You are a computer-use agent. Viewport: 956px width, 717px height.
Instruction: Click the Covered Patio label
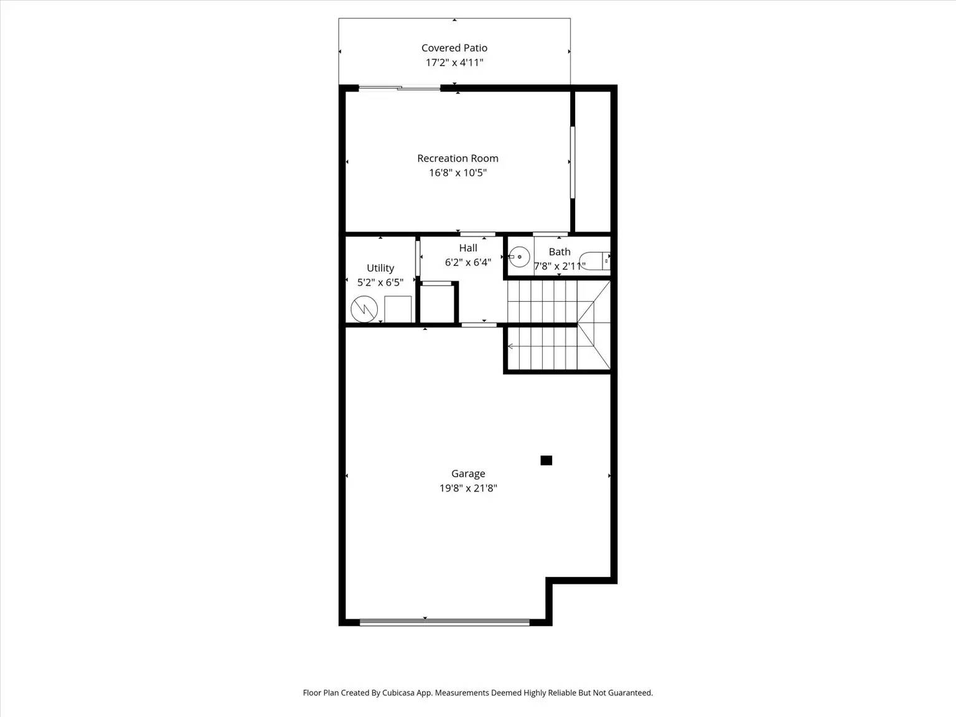tap(454, 48)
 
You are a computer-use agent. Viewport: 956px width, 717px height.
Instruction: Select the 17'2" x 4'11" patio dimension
tap(454, 63)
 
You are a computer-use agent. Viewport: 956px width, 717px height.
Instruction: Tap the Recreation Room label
tap(457, 159)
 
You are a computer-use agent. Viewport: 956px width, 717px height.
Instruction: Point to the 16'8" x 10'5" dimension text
tap(457, 173)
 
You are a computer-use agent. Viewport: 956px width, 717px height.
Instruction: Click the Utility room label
tap(380, 268)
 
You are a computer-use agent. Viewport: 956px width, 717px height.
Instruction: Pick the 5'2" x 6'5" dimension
tap(380, 283)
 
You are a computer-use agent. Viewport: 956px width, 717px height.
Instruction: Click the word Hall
tap(468, 248)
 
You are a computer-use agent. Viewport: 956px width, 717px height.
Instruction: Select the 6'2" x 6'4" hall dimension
tap(468, 263)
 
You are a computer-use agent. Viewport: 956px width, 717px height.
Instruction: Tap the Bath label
tap(560, 252)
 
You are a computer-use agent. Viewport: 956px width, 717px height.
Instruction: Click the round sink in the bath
tap(519, 257)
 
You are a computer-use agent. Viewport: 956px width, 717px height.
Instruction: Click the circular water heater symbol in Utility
tap(364, 309)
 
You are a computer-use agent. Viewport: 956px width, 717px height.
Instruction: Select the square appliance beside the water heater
tap(398, 309)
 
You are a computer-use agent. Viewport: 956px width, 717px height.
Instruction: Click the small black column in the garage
tap(546, 461)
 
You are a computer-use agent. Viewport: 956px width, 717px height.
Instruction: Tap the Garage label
tap(468, 474)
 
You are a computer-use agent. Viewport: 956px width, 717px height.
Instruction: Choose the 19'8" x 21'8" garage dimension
tap(468, 489)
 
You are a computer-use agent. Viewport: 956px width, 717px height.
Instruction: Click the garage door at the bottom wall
tap(444, 622)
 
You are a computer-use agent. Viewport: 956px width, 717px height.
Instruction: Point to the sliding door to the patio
tap(400, 88)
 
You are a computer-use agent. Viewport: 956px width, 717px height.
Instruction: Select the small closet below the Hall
tap(438, 304)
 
